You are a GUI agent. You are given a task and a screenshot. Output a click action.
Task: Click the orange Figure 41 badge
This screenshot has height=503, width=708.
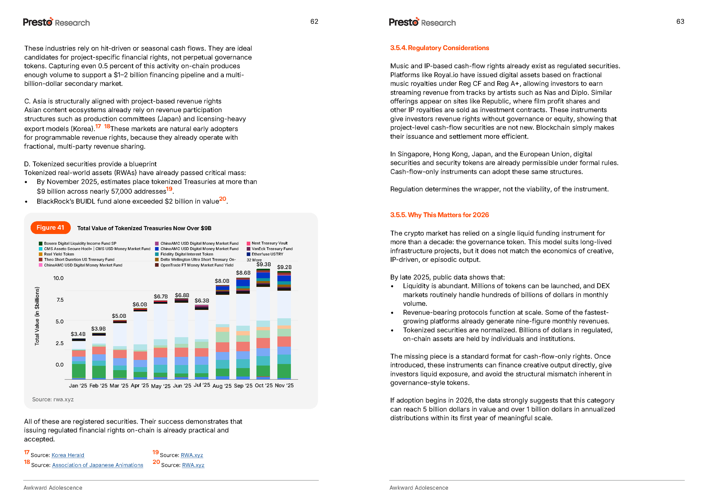tap(50, 228)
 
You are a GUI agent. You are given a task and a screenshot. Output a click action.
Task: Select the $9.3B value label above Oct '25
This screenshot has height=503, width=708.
tap(264, 264)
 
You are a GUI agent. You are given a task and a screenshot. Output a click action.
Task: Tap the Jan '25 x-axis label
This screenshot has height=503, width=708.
tap(78, 386)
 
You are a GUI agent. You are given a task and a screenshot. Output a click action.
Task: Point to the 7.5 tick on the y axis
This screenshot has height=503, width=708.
tap(60, 300)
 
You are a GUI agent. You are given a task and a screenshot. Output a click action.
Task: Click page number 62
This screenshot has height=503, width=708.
tap(314, 21)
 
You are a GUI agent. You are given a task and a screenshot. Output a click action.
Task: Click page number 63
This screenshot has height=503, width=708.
tap(680, 21)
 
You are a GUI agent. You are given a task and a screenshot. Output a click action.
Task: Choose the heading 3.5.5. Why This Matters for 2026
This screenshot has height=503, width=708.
tap(439, 215)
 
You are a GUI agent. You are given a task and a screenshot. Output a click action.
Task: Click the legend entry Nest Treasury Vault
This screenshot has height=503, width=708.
tap(269, 243)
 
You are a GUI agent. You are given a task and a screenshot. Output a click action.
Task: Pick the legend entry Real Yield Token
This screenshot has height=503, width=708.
tap(59, 254)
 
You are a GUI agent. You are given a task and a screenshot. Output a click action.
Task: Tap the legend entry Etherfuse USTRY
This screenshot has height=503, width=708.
tap(267, 254)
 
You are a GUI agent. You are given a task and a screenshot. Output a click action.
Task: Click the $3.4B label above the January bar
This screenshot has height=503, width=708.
tap(78, 334)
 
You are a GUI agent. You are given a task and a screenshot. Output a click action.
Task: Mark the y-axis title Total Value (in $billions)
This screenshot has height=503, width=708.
tap(37, 316)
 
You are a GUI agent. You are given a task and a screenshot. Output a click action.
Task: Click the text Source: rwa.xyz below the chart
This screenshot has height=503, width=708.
tap(53, 399)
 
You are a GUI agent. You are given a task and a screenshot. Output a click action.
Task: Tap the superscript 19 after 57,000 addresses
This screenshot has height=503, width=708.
tap(169, 189)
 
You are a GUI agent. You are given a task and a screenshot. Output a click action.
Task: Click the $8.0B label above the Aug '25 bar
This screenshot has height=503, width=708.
tap(222, 281)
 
